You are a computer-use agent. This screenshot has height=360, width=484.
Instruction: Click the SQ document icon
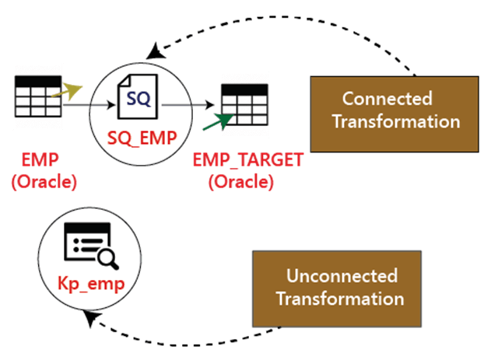click(138, 96)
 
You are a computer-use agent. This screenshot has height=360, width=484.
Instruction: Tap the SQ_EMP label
click(142, 138)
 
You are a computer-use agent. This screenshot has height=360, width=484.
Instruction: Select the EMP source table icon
click(38, 96)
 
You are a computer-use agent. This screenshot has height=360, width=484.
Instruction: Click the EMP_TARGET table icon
click(245, 104)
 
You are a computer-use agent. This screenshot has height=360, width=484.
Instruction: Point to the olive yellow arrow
click(67, 91)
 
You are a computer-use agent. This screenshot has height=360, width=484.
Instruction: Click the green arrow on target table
click(218, 121)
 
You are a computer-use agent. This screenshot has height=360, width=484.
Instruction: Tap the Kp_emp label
click(91, 284)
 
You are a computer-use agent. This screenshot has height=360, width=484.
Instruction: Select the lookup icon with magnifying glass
click(91, 246)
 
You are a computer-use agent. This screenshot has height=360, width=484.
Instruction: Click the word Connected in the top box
click(387, 99)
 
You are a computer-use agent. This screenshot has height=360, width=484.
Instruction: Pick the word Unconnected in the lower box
click(342, 275)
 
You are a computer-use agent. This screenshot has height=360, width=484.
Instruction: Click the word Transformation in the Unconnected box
click(340, 299)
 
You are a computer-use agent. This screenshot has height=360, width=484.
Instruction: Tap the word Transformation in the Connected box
click(396, 121)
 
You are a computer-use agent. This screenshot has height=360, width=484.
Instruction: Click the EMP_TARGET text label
click(248, 160)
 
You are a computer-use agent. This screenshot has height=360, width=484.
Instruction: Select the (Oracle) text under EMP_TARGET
click(241, 182)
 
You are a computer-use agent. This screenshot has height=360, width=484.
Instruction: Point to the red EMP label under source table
click(40, 160)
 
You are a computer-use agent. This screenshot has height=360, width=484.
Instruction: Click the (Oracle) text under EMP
click(44, 182)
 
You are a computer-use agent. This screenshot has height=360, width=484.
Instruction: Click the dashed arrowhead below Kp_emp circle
click(91, 318)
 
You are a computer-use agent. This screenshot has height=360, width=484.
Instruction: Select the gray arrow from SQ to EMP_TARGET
click(188, 105)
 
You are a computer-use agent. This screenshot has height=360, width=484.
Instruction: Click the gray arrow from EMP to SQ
click(89, 105)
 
